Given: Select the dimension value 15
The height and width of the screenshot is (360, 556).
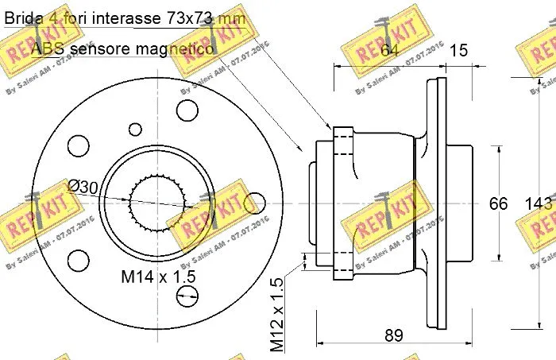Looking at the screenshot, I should click(458, 52).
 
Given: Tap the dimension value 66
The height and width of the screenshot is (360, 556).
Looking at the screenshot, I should click(498, 204).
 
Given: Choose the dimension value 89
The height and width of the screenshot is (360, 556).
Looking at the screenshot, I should click(393, 335).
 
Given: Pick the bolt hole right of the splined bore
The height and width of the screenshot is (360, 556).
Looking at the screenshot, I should click(254, 202).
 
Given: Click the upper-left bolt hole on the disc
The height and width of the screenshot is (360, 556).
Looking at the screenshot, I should click(78, 145).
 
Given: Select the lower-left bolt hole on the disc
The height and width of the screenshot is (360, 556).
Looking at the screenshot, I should click(78, 259).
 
